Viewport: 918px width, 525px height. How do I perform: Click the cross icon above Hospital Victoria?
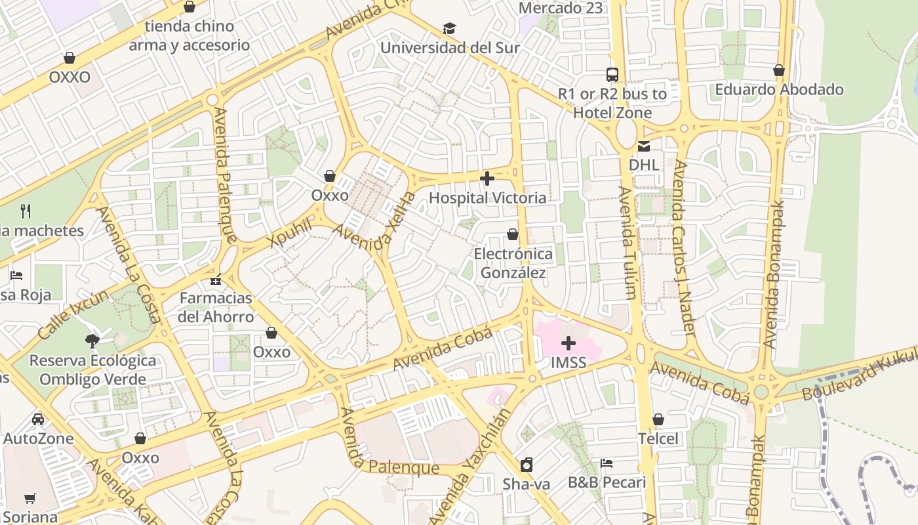point(487,178)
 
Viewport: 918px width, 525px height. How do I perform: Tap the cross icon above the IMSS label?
point(569,343)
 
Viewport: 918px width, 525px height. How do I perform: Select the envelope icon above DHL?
point(644,146)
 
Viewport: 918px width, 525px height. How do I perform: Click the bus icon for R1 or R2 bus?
point(612,75)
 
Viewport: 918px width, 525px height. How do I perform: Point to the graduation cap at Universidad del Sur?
point(449,29)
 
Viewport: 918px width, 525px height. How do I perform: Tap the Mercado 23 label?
point(560,9)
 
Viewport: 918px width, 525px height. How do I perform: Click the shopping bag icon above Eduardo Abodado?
point(779,70)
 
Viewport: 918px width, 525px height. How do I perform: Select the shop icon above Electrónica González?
point(513,234)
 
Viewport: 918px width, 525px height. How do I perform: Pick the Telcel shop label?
point(658,438)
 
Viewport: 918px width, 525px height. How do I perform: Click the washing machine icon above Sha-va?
point(526,465)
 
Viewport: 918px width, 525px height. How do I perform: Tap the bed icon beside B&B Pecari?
point(607,463)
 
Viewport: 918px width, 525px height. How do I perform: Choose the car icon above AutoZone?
point(38,419)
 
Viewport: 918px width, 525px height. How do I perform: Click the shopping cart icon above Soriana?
point(30,498)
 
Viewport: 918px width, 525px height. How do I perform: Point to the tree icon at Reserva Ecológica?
point(92,341)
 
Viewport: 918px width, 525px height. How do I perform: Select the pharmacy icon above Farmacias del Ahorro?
point(216,280)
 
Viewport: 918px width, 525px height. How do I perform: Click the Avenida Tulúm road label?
point(628,243)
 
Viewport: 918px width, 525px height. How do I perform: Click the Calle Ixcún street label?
point(73,314)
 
